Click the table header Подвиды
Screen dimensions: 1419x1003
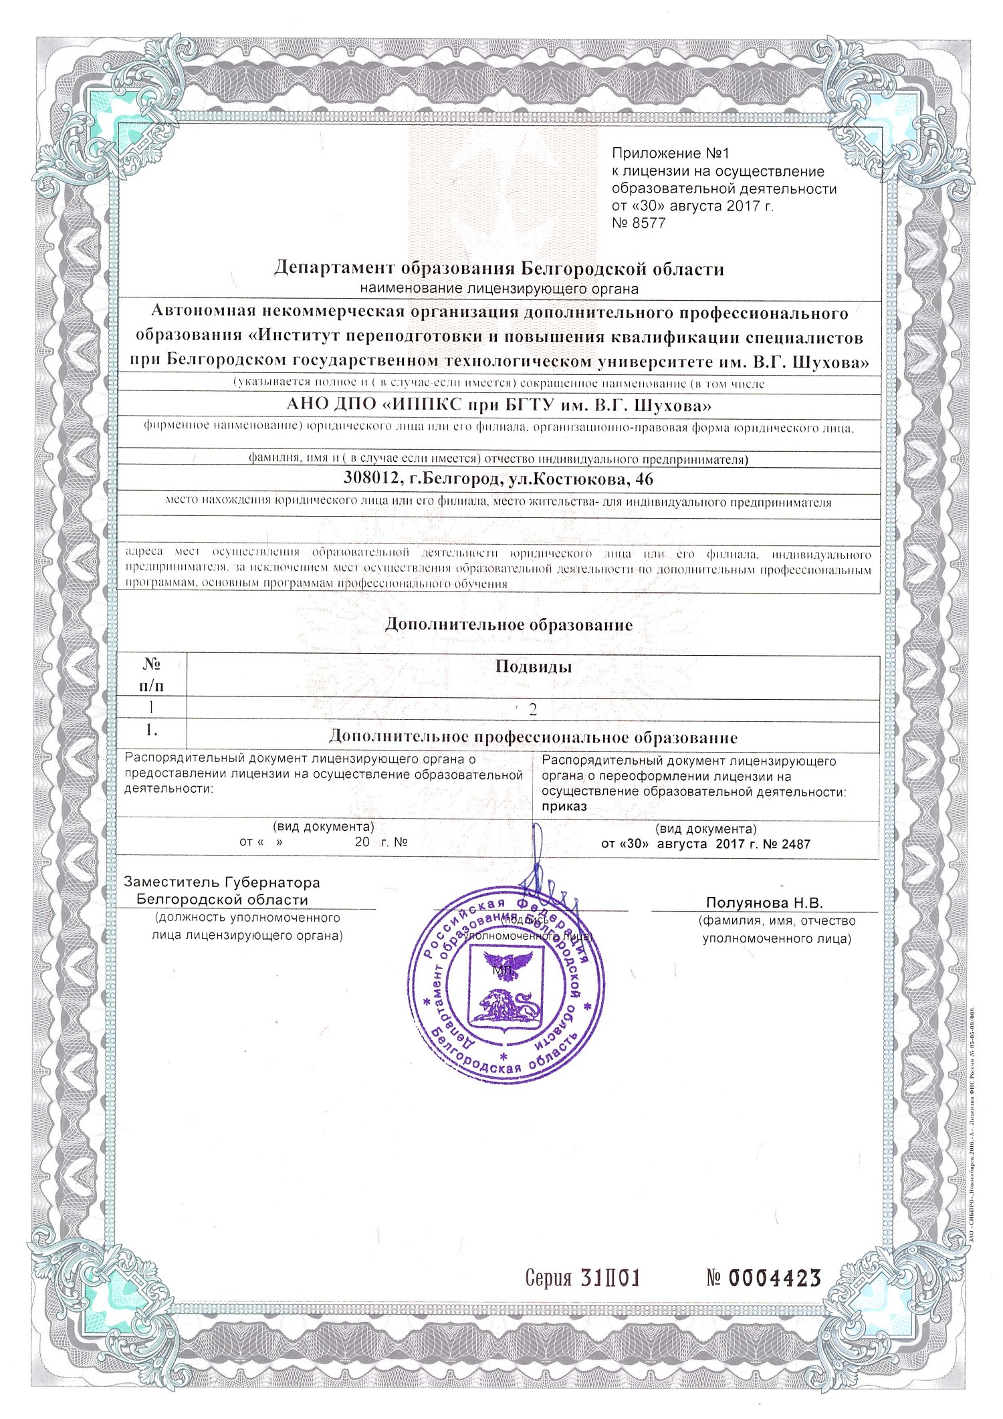point(533,666)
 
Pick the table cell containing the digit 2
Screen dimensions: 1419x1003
point(533,710)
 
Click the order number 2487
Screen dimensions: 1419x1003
point(795,844)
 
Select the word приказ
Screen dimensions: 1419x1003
point(564,807)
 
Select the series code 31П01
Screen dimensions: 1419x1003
point(610,1278)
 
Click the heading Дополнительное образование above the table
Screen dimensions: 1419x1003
point(509,625)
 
